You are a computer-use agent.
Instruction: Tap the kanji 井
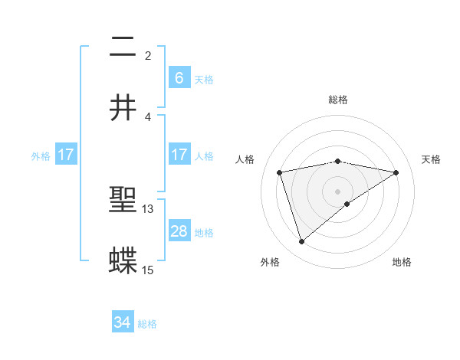pyautogui.click(x=123, y=107)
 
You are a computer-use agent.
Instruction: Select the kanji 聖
pyautogui.click(x=123, y=200)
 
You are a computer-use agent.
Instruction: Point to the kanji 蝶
pyautogui.click(x=123, y=260)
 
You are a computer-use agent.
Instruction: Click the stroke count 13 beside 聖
pyautogui.click(x=148, y=209)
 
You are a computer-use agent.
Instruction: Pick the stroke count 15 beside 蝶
pyautogui.click(x=148, y=270)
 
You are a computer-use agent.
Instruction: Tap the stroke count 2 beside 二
pyautogui.click(x=148, y=56)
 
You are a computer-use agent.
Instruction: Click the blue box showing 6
pyautogui.click(x=179, y=77)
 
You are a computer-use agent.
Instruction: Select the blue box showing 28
pyautogui.click(x=179, y=231)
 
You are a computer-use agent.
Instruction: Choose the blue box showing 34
pyautogui.click(x=123, y=323)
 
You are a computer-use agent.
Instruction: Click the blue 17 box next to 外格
pyautogui.click(x=66, y=155)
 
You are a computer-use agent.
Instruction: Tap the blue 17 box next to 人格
pyautogui.click(x=179, y=155)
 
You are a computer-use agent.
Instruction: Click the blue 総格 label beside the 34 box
pyautogui.click(x=147, y=324)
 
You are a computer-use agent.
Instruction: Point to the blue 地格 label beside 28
pyautogui.click(x=204, y=232)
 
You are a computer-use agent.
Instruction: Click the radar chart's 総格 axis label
pyautogui.click(x=338, y=100)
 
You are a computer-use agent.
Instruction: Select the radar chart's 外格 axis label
pyautogui.click(x=270, y=262)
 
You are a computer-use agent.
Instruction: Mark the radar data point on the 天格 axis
pyautogui.click(x=396, y=172)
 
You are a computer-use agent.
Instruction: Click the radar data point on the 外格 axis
pyautogui.click(x=301, y=242)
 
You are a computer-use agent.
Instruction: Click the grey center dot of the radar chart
pyautogui.click(x=338, y=191)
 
